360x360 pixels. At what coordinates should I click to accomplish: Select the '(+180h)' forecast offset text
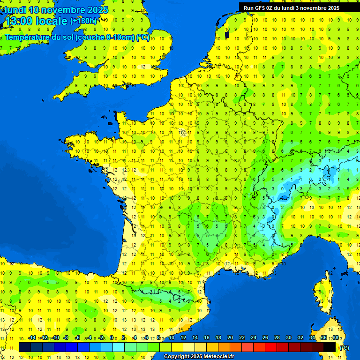point(83,21)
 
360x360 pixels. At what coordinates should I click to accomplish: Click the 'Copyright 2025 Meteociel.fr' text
point(199,357)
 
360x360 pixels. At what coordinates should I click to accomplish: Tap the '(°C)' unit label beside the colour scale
point(344,348)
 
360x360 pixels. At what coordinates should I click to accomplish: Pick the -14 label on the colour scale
point(31,338)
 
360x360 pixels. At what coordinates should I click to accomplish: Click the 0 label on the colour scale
point(112,338)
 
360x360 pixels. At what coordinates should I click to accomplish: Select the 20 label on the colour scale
point(230,338)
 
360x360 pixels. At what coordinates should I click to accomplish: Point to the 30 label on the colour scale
point(288,338)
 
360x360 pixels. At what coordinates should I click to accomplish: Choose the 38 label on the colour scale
point(336,338)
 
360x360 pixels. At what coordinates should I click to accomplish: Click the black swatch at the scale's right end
point(330,347)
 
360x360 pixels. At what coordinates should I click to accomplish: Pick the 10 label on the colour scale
point(171,338)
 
